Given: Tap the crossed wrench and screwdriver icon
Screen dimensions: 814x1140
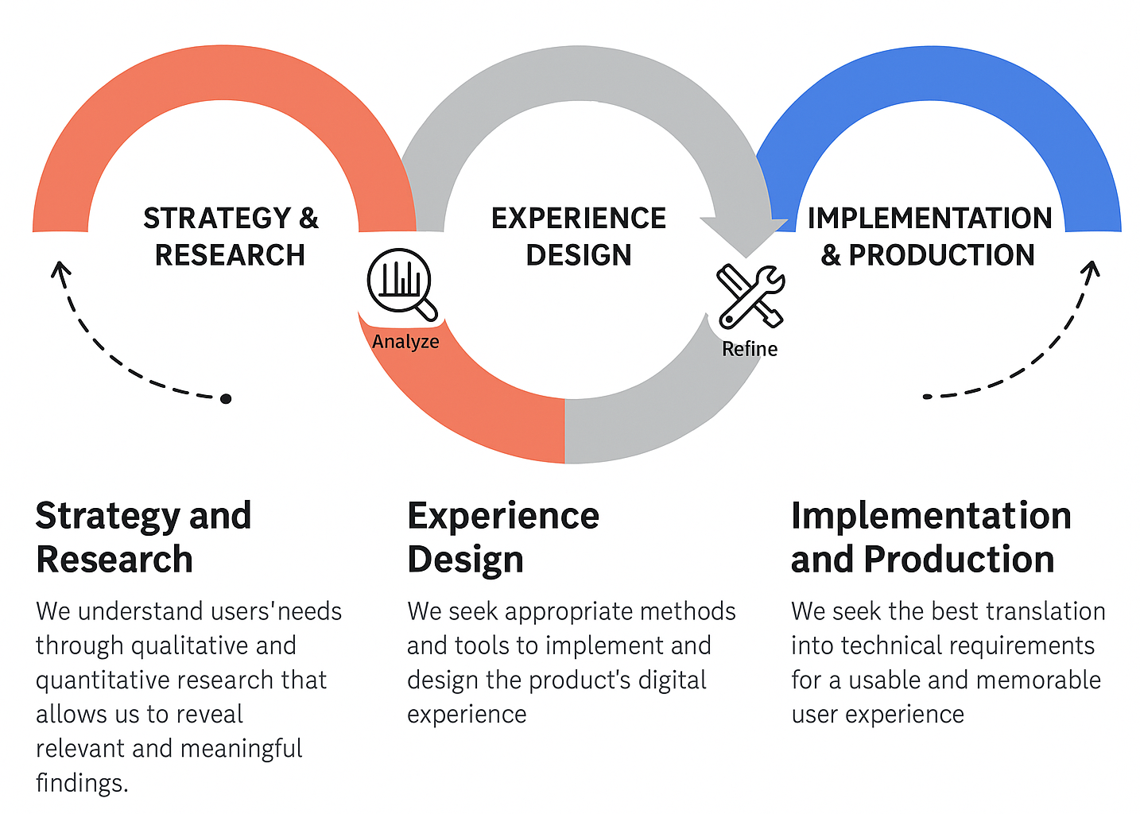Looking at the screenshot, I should [x=750, y=297].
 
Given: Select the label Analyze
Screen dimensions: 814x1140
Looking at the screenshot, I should [x=405, y=342].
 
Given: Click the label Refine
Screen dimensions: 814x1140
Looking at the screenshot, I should [x=750, y=349].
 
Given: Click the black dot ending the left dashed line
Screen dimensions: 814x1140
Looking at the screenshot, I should [x=226, y=398].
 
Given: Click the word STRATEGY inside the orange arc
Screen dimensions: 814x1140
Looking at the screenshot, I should [x=217, y=218].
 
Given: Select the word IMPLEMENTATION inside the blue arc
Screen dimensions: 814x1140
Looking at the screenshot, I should [x=929, y=218].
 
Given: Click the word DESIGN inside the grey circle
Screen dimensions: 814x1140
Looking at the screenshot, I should [x=579, y=255].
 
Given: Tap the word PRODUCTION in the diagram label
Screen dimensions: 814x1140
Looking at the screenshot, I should [x=941, y=255].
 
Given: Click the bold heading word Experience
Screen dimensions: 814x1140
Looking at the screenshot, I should [x=503, y=516].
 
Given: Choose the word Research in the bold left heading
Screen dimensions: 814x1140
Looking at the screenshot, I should [x=114, y=560].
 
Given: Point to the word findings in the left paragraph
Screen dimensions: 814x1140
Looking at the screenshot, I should [x=81, y=783].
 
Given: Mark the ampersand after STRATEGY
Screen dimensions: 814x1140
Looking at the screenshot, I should [x=308, y=218].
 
